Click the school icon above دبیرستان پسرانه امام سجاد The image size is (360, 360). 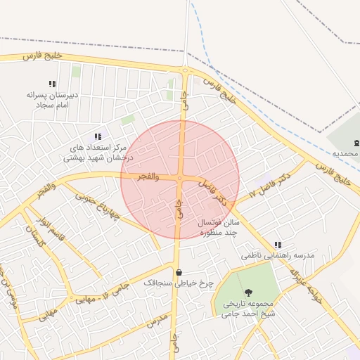click(x=52, y=84)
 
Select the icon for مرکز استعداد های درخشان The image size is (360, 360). click(x=97, y=136)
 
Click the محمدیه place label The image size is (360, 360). click(x=345, y=153)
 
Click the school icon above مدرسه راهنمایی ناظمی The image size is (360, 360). click(x=278, y=245)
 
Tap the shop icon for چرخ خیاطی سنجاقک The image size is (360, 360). click(x=179, y=273)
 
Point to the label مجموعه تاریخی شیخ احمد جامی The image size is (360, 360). click(x=248, y=309)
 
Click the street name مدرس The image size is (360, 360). click(x=157, y=321)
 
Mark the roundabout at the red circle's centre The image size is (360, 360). click(x=180, y=179)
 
